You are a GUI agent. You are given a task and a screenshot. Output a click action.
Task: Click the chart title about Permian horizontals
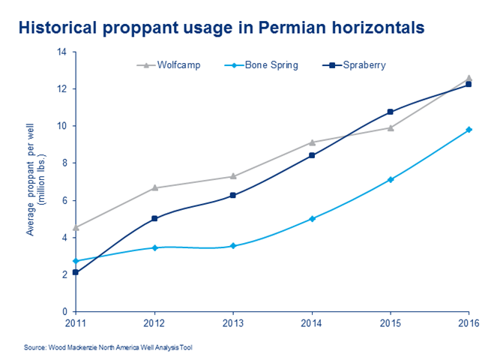221,28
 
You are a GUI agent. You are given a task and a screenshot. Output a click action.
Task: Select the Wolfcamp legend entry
174,65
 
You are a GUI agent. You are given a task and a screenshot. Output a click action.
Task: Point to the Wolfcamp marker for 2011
76,227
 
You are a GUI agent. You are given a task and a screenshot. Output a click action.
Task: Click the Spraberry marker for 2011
76,272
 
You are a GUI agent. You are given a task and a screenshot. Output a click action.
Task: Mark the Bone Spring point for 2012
154,247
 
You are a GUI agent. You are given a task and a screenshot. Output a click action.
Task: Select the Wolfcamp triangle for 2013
233,176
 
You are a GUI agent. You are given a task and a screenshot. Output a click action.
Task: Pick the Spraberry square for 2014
312,155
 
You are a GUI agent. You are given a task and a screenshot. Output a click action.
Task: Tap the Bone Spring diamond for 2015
391,179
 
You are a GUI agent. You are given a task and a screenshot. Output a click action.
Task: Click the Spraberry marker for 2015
391,112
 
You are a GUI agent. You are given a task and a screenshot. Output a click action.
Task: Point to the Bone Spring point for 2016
469,130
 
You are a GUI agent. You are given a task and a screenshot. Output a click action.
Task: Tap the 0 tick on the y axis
64,311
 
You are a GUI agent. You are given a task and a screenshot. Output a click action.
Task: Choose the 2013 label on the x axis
233,322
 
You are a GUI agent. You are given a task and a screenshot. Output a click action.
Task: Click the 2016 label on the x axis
468,322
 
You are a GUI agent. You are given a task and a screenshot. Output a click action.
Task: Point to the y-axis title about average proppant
35,181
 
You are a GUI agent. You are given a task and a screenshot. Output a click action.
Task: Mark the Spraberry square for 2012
154,218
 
